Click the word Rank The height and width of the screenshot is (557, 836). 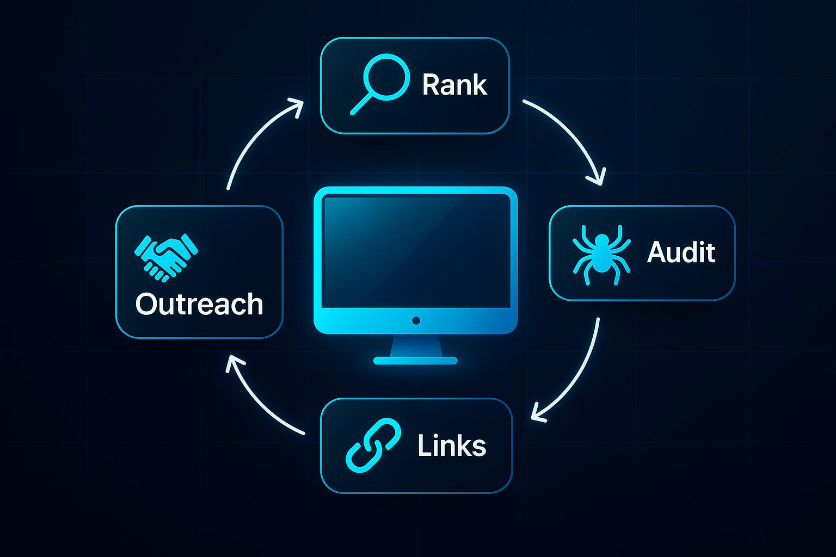[454, 85]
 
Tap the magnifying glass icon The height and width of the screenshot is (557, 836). [380, 83]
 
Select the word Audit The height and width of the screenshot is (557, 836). [681, 252]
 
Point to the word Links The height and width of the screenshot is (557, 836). [451, 446]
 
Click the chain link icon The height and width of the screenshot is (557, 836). [373, 445]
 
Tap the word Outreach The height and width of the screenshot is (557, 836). [199, 304]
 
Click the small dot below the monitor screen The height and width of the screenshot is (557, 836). [416, 320]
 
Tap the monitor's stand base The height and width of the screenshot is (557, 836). [415, 360]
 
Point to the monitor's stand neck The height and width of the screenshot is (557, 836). [416, 345]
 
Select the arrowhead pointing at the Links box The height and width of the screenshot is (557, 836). [538, 414]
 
